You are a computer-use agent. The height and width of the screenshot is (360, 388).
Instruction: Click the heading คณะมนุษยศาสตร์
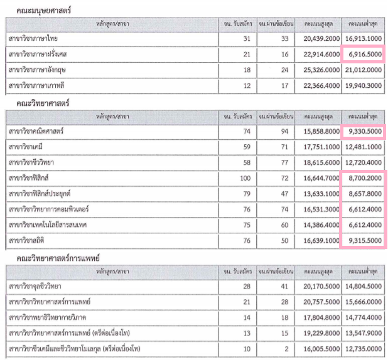pos(44,11)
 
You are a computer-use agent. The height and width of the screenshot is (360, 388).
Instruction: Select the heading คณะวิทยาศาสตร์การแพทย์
pos(58,258)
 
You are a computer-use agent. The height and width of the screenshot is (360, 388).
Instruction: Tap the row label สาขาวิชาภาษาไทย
pos(33,39)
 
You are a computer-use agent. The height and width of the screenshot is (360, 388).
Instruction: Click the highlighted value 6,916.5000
pos(365,54)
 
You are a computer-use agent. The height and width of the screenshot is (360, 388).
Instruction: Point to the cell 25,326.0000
pos(321,70)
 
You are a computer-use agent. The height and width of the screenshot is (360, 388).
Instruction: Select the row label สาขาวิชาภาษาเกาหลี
pos(36,85)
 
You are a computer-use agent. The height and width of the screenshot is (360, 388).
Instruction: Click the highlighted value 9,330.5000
pos(365,131)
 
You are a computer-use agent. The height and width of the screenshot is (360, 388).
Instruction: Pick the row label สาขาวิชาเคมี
pos(26,147)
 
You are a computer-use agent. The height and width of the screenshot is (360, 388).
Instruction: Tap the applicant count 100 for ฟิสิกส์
pos(245,178)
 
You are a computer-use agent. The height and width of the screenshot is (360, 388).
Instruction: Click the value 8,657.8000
pos(365,194)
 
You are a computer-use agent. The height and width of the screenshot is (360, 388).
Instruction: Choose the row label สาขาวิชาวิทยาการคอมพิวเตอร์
pos(49,209)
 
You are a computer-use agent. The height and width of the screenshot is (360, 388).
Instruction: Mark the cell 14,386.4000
pos(321,225)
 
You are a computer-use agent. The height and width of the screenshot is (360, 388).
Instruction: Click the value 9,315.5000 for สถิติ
pos(365,241)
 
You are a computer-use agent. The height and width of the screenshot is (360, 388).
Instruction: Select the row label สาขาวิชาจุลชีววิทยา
pos(35,287)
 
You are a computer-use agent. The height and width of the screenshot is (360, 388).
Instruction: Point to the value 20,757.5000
pos(321,302)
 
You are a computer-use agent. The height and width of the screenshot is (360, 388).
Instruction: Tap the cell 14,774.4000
pos(364,317)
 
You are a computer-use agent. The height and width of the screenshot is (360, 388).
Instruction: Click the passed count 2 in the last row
pos(286,349)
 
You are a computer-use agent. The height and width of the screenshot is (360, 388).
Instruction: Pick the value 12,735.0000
pos(364,349)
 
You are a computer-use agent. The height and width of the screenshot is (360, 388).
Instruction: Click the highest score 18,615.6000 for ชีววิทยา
pos(321,162)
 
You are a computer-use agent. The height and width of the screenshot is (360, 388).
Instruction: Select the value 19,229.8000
pos(321,333)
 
